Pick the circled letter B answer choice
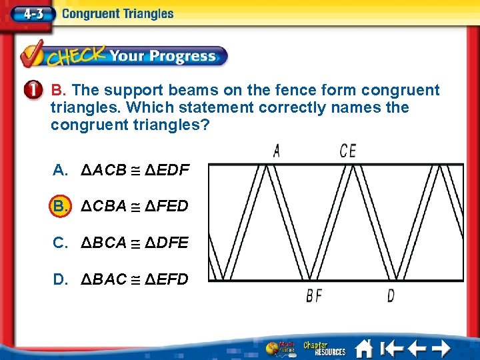click(x=61, y=206)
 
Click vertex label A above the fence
click(x=276, y=151)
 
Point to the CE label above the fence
click(x=348, y=151)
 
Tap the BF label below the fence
click(x=314, y=295)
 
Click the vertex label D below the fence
click(x=391, y=295)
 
